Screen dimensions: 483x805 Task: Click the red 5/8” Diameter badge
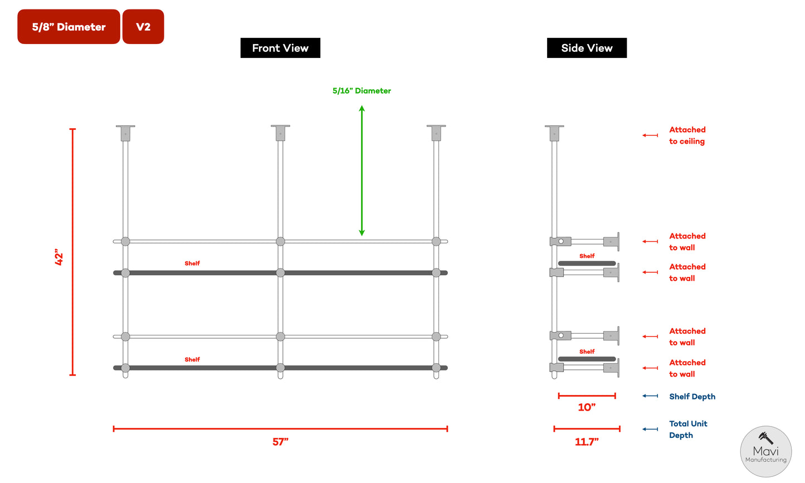(x=69, y=27)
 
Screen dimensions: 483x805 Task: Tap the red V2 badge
(x=143, y=27)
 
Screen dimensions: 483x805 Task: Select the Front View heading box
(x=280, y=48)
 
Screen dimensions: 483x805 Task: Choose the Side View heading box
(x=587, y=48)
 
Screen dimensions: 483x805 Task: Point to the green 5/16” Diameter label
(x=362, y=91)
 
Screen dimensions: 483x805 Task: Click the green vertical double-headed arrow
(x=362, y=170)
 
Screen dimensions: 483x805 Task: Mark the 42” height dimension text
(x=59, y=257)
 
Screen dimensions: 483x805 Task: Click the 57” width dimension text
(x=280, y=442)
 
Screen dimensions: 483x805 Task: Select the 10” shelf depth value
(x=587, y=407)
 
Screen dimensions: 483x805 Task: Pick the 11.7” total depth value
(x=587, y=442)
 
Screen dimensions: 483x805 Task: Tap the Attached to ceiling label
(x=687, y=135)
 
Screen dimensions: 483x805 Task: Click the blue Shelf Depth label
(x=692, y=397)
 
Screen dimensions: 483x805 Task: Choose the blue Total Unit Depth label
(x=688, y=430)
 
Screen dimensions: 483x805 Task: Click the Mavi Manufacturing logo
(x=765, y=452)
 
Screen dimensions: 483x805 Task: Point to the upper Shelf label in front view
(x=192, y=264)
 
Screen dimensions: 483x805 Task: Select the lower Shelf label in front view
(x=192, y=360)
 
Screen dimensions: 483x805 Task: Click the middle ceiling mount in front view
(x=280, y=133)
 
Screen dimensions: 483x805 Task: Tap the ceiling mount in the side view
(x=554, y=133)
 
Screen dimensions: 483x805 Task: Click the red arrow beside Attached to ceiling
(x=650, y=135)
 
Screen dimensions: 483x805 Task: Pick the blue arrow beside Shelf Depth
(x=650, y=396)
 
